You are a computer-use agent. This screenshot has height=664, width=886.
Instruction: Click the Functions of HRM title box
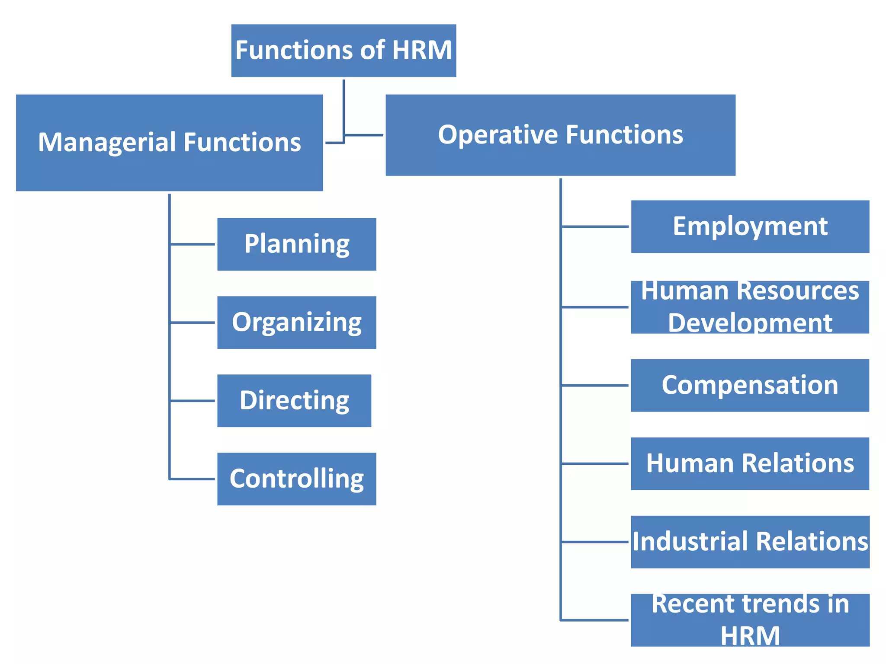(x=343, y=51)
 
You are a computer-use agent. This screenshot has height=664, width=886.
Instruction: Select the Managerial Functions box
(x=169, y=143)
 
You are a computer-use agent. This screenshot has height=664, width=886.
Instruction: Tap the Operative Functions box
(x=560, y=135)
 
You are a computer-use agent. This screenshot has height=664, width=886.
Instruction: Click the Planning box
(x=296, y=244)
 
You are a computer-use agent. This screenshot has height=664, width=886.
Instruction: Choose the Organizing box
(x=296, y=322)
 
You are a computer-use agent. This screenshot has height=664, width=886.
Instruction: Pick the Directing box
(x=294, y=401)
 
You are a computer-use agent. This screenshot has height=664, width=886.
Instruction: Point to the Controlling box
(x=296, y=479)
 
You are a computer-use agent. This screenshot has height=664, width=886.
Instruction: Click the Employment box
(x=750, y=227)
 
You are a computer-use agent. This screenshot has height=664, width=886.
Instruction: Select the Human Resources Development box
(x=750, y=307)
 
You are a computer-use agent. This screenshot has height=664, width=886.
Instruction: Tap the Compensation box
(x=750, y=385)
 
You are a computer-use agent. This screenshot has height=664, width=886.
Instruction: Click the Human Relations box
(x=750, y=463)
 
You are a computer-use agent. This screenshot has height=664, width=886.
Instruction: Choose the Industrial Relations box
(x=750, y=542)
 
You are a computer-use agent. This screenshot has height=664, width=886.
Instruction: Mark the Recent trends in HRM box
(x=750, y=620)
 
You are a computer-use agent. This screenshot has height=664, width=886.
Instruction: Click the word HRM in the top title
(x=422, y=50)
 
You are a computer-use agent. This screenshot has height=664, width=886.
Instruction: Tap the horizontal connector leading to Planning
(x=193, y=244)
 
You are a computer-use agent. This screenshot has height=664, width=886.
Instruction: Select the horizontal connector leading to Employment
(x=595, y=227)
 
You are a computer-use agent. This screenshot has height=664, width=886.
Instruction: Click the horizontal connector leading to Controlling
(x=193, y=479)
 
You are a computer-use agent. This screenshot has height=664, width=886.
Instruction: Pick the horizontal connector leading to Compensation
(x=595, y=385)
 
